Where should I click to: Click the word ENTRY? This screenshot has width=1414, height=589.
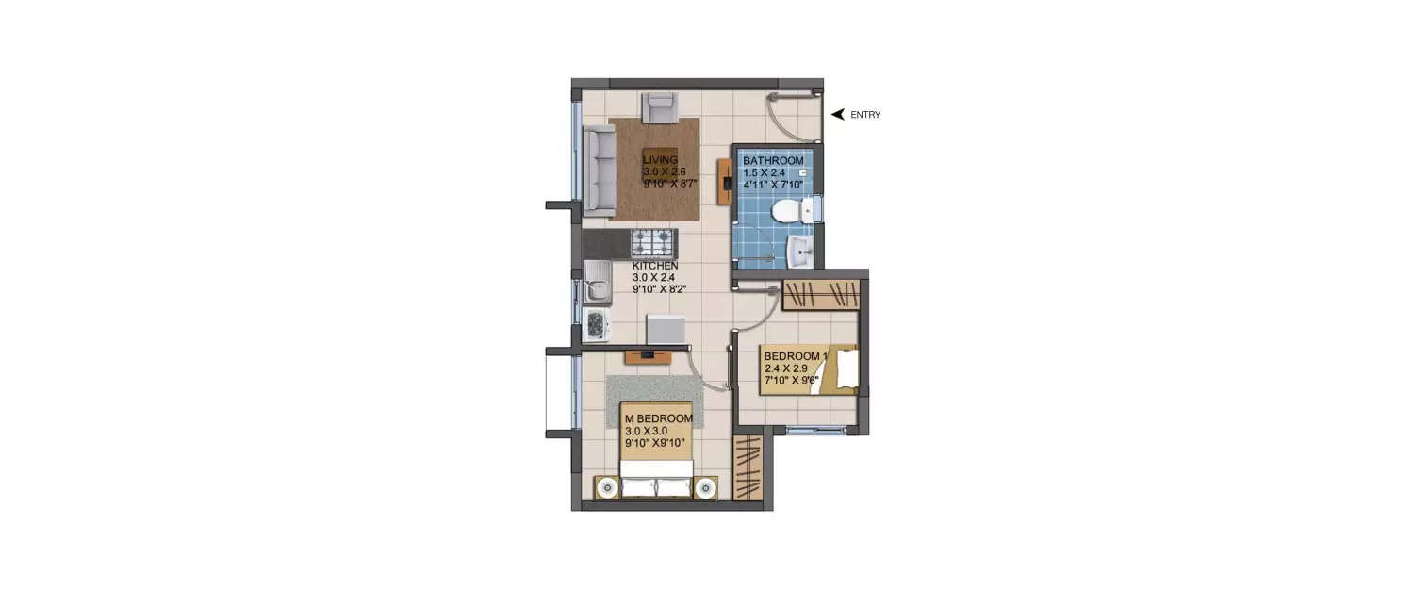click(x=865, y=115)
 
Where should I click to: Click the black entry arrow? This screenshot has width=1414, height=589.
click(x=836, y=115)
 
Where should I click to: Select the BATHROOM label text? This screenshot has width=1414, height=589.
click(x=773, y=161)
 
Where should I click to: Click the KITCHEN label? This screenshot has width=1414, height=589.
click(x=655, y=266)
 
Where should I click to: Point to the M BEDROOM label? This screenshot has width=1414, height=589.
click(x=659, y=418)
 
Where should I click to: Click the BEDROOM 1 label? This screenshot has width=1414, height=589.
click(x=796, y=356)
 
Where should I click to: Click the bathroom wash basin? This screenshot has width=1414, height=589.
click(x=800, y=251)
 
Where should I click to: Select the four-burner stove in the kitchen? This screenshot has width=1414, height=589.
click(x=652, y=244)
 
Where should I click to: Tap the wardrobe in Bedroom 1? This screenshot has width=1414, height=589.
click(x=821, y=294)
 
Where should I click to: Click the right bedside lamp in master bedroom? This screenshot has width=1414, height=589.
click(x=705, y=487)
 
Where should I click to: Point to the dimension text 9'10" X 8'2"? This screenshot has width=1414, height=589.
click(x=659, y=289)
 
